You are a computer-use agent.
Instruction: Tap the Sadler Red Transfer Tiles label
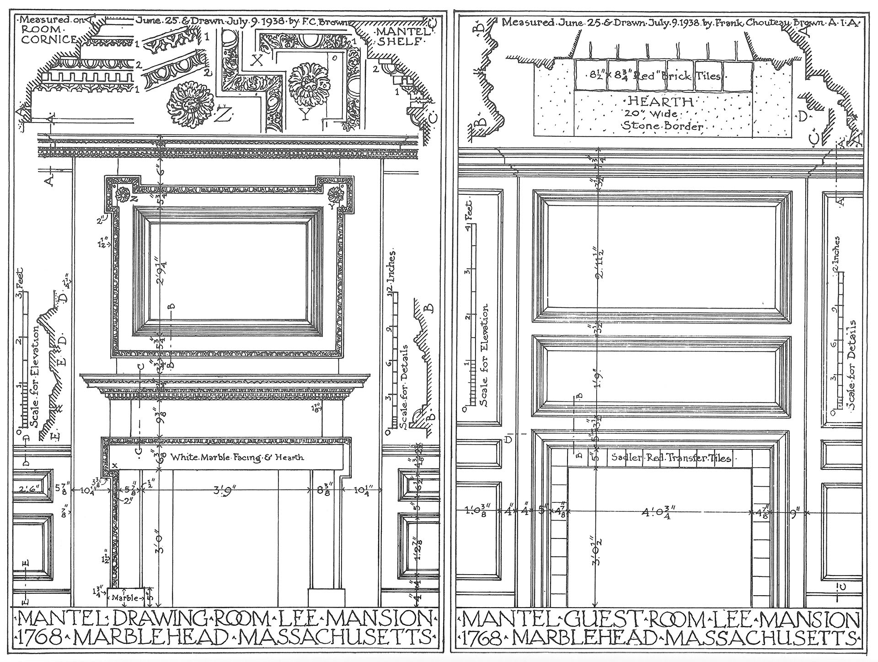tap(671, 458)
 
